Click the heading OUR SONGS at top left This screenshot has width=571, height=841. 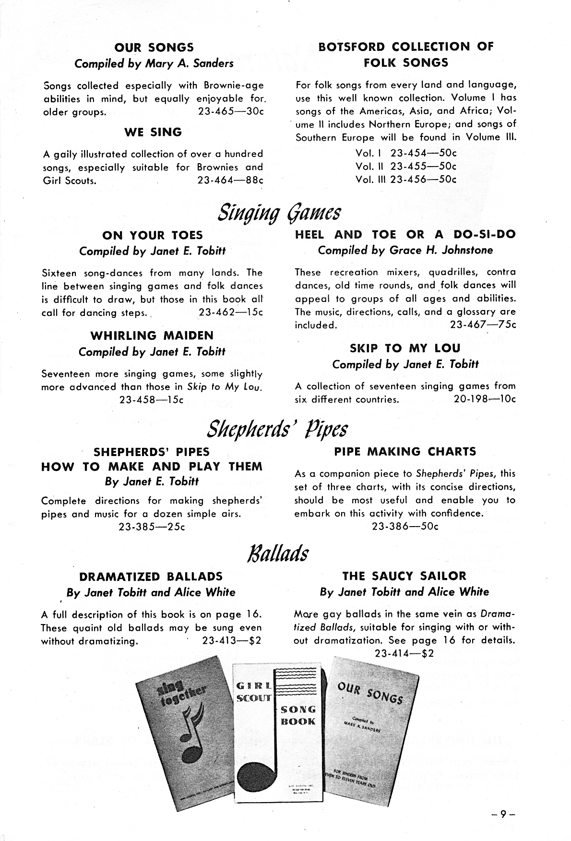click(154, 47)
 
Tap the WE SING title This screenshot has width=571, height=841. click(153, 132)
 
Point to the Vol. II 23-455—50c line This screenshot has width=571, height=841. click(405, 166)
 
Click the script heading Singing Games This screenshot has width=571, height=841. click(279, 211)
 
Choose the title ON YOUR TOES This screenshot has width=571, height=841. click(152, 235)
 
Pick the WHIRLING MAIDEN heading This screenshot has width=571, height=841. click(152, 336)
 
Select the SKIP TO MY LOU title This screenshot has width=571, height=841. click(405, 348)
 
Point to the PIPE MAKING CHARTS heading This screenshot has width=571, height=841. click(405, 452)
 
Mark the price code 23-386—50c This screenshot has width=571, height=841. click(405, 526)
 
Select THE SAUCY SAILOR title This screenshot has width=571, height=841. click(404, 576)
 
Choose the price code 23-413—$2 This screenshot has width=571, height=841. click(232, 641)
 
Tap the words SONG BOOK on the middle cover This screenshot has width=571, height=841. click(298, 715)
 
